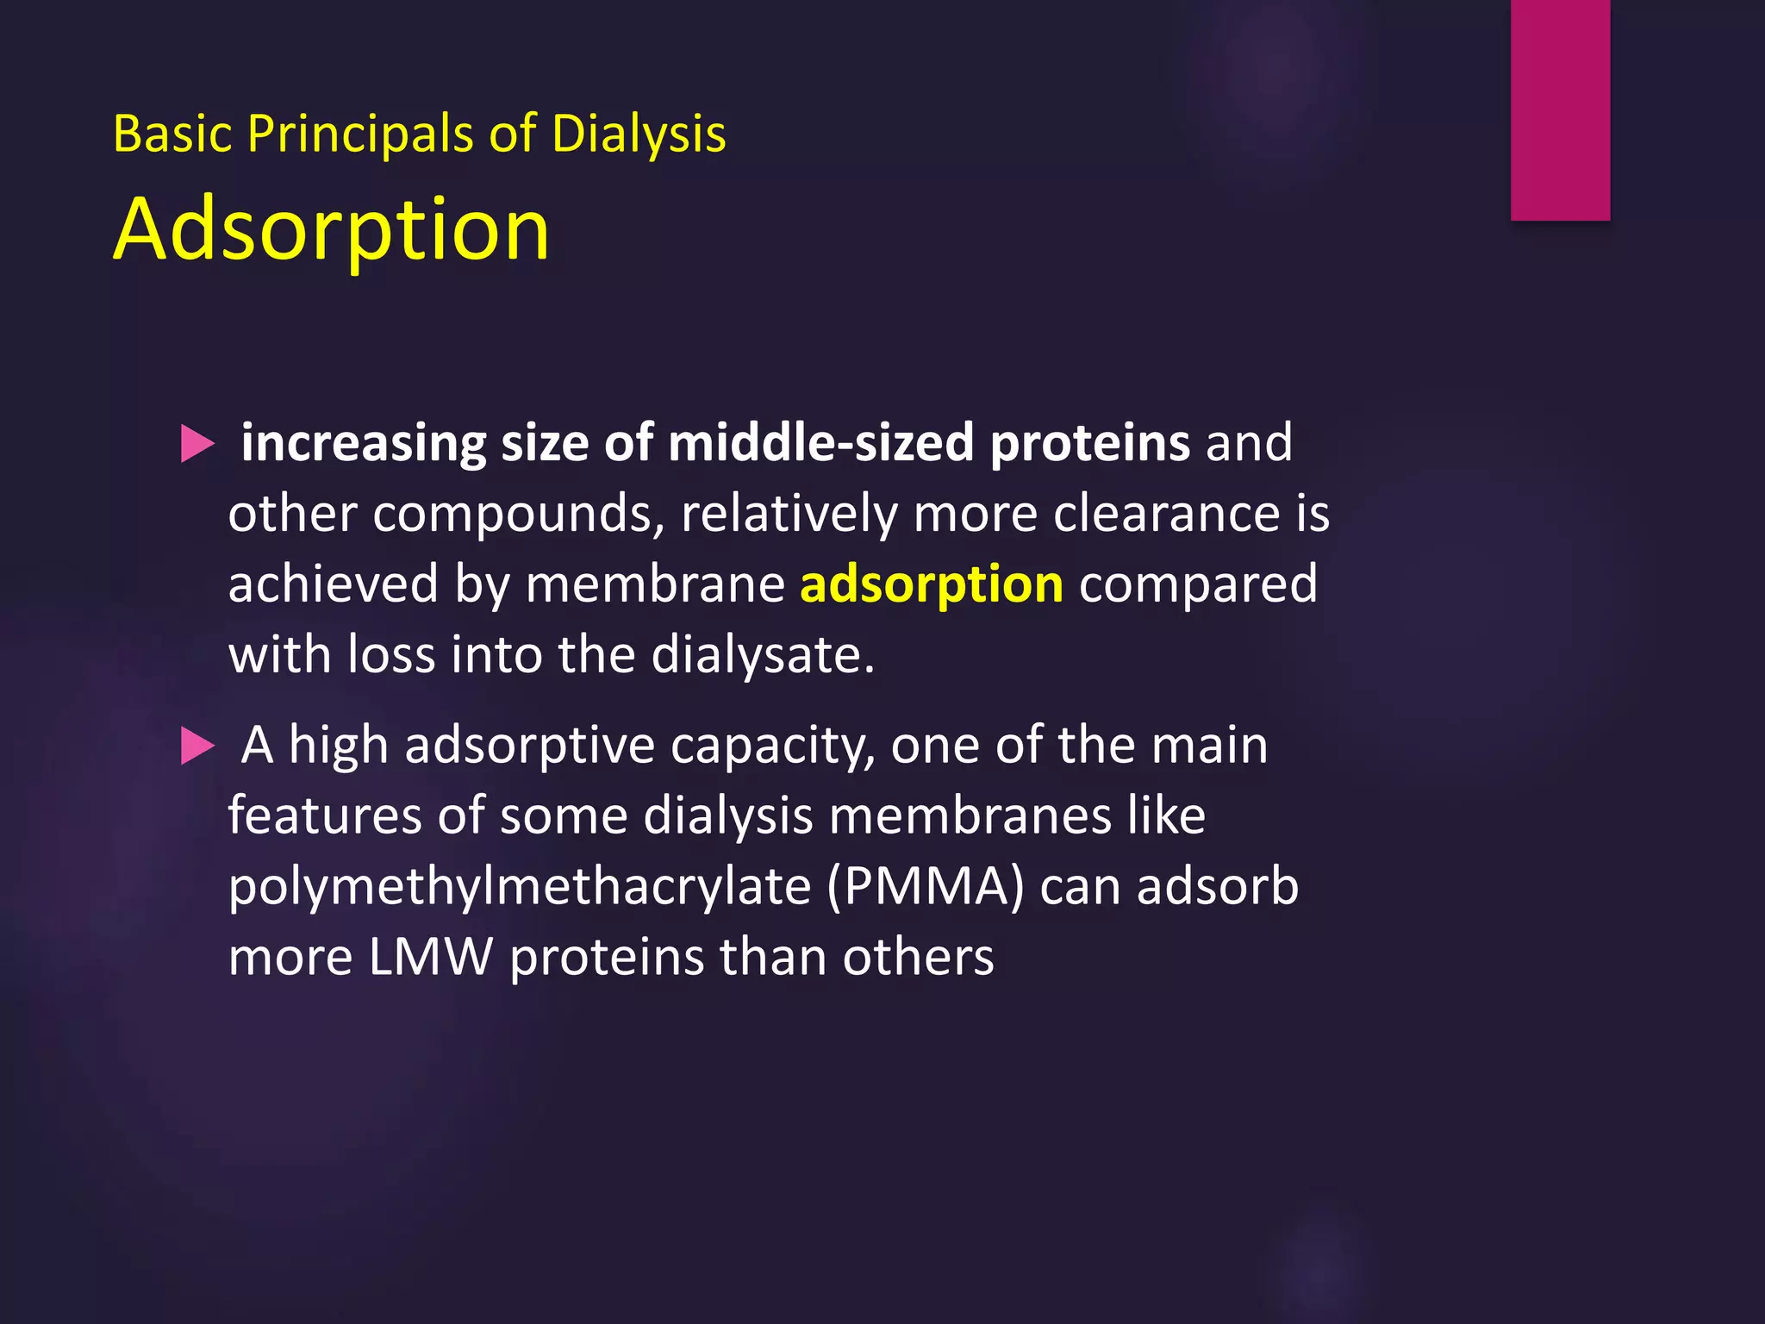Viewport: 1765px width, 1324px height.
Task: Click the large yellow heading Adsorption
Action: (331, 230)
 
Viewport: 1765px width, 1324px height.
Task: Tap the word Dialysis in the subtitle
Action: (638, 134)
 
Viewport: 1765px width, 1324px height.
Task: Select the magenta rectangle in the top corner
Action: (1560, 109)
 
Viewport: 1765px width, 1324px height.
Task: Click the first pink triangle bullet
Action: (197, 445)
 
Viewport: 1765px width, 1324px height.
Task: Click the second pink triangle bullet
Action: (197, 746)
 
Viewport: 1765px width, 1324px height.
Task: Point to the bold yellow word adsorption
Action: (931, 584)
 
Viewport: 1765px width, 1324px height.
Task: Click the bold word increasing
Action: (363, 443)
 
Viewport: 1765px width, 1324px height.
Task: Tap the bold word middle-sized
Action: (820, 443)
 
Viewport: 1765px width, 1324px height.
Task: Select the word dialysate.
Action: (762, 655)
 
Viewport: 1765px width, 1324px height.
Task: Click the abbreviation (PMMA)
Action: (925, 887)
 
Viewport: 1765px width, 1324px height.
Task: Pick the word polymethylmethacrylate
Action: (519, 887)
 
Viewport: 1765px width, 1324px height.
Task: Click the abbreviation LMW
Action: (430, 957)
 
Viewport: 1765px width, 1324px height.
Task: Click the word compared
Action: (1197, 584)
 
